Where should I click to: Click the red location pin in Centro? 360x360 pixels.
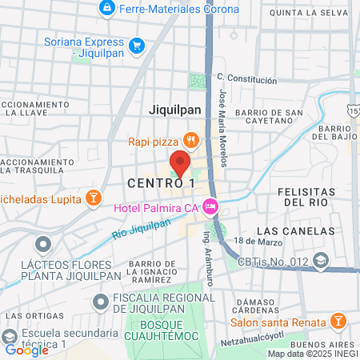pos(180,164)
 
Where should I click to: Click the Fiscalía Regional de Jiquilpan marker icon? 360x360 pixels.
pos(101,302)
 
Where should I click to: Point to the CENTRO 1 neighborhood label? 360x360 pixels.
pos(161,183)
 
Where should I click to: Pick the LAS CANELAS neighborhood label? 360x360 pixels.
pos(296,230)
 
